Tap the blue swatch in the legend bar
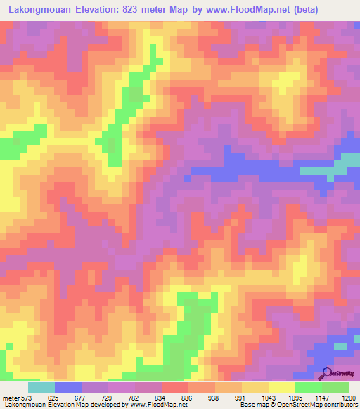tap(67, 387)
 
